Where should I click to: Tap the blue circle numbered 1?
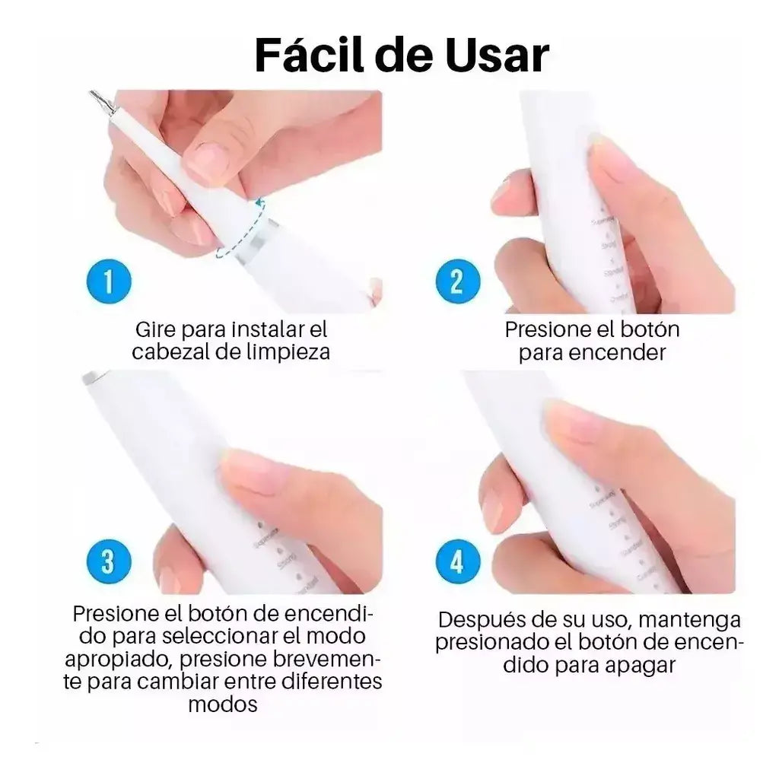click(108, 281)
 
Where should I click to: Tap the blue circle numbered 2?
click(457, 281)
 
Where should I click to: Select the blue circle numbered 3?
click(108, 562)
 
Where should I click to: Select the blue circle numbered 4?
click(457, 562)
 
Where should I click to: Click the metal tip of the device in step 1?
click(101, 101)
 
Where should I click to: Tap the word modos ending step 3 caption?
click(223, 704)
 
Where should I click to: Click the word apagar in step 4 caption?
click(641, 665)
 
